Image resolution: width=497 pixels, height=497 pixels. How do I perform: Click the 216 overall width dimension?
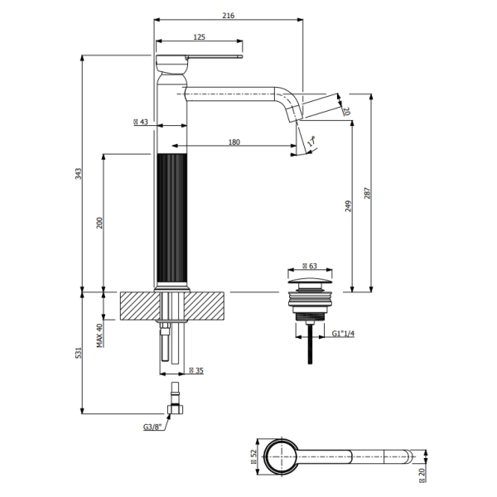229,15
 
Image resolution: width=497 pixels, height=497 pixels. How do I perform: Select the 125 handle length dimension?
199,37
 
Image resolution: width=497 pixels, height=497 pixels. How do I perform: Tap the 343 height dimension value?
79,174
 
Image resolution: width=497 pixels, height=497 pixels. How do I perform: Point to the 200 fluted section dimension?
99,223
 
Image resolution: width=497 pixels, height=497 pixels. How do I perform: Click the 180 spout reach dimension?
234,142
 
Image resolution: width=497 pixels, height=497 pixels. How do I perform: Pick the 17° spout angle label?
312,142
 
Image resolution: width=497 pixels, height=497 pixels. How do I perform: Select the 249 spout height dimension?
349,206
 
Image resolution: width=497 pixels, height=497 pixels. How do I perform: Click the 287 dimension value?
367,193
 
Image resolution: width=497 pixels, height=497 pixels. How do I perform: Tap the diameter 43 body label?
141,122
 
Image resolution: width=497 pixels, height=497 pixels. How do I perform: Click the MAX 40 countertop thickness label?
99,335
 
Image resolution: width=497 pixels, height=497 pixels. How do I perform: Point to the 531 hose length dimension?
79,353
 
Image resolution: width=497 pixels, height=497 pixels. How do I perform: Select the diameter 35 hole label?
196,370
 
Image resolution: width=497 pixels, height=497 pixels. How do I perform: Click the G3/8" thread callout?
152,427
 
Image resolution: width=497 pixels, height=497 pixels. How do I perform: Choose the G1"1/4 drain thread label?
343,334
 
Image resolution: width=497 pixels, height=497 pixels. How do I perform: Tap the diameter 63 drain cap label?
310,266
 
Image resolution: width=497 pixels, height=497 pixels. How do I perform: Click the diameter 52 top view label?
253,456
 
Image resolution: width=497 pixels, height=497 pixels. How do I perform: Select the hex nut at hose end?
176,409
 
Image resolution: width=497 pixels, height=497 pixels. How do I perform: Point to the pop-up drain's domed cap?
311,281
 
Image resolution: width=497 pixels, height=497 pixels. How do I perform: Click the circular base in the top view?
265,456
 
